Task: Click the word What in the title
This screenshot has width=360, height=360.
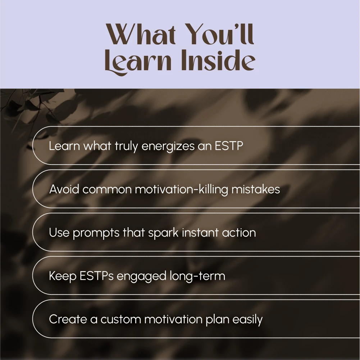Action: coord(141,34)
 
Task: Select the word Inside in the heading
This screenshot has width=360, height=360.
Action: coord(218,60)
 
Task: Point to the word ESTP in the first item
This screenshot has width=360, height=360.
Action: coord(229,146)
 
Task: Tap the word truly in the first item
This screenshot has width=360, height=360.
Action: coord(126,147)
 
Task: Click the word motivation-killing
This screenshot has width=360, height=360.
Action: coord(181,190)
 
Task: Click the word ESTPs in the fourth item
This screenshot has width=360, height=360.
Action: coord(96,276)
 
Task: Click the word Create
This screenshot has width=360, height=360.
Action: coord(68,319)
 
